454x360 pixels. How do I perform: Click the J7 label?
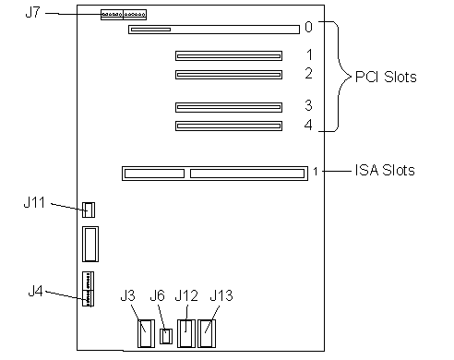click(x=33, y=12)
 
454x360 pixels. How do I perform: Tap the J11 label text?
click(x=34, y=202)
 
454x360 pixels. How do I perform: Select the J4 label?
click(x=35, y=291)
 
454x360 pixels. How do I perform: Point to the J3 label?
click(x=127, y=295)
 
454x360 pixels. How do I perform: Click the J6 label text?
click(x=158, y=295)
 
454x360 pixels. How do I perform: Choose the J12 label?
click(x=186, y=295)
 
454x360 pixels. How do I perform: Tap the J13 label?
click(x=221, y=295)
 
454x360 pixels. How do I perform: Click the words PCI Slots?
click(x=386, y=77)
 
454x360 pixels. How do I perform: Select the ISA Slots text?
click(x=385, y=170)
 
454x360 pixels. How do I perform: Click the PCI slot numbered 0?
click(x=214, y=30)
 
